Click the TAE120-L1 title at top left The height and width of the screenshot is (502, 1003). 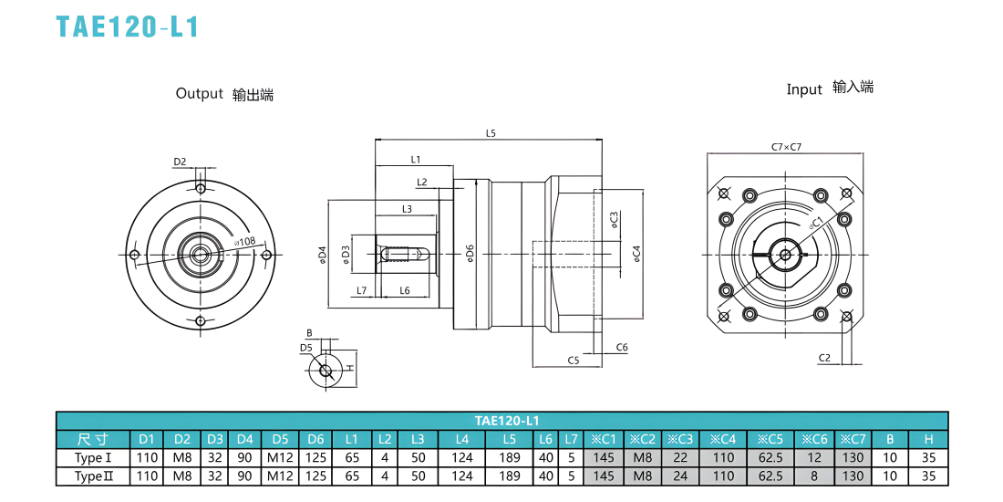pyautogui.click(x=128, y=26)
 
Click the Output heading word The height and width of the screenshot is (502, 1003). pyautogui.click(x=199, y=93)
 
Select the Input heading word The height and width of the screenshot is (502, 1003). pyautogui.click(x=804, y=89)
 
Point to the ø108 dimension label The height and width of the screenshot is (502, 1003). pyautogui.click(x=245, y=242)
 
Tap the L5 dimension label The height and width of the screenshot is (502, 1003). pyautogui.click(x=491, y=134)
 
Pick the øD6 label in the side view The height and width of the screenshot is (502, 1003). pyautogui.click(x=469, y=255)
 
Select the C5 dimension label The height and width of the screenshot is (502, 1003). pyautogui.click(x=574, y=361)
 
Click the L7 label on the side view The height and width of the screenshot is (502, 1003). pyautogui.click(x=361, y=290)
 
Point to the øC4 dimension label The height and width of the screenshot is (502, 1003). pyautogui.click(x=636, y=255)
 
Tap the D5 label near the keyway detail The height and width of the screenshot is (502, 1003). pyautogui.click(x=305, y=348)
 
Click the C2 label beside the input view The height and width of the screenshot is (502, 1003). pyautogui.click(x=824, y=357)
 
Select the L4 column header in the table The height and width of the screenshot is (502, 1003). pyautogui.click(x=462, y=439)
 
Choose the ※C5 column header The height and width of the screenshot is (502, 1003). pyautogui.click(x=770, y=439)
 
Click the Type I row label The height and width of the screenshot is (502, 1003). pyautogui.click(x=93, y=458)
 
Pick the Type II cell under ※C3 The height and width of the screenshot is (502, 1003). pyautogui.click(x=680, y=476)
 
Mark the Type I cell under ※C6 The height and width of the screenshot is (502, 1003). pyautogui.click(x=814, y=458)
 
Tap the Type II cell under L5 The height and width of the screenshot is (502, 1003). pyautogui.click(x=509, y=476)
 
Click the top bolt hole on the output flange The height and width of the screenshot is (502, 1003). pyautogui.click(x=201, y=189)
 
